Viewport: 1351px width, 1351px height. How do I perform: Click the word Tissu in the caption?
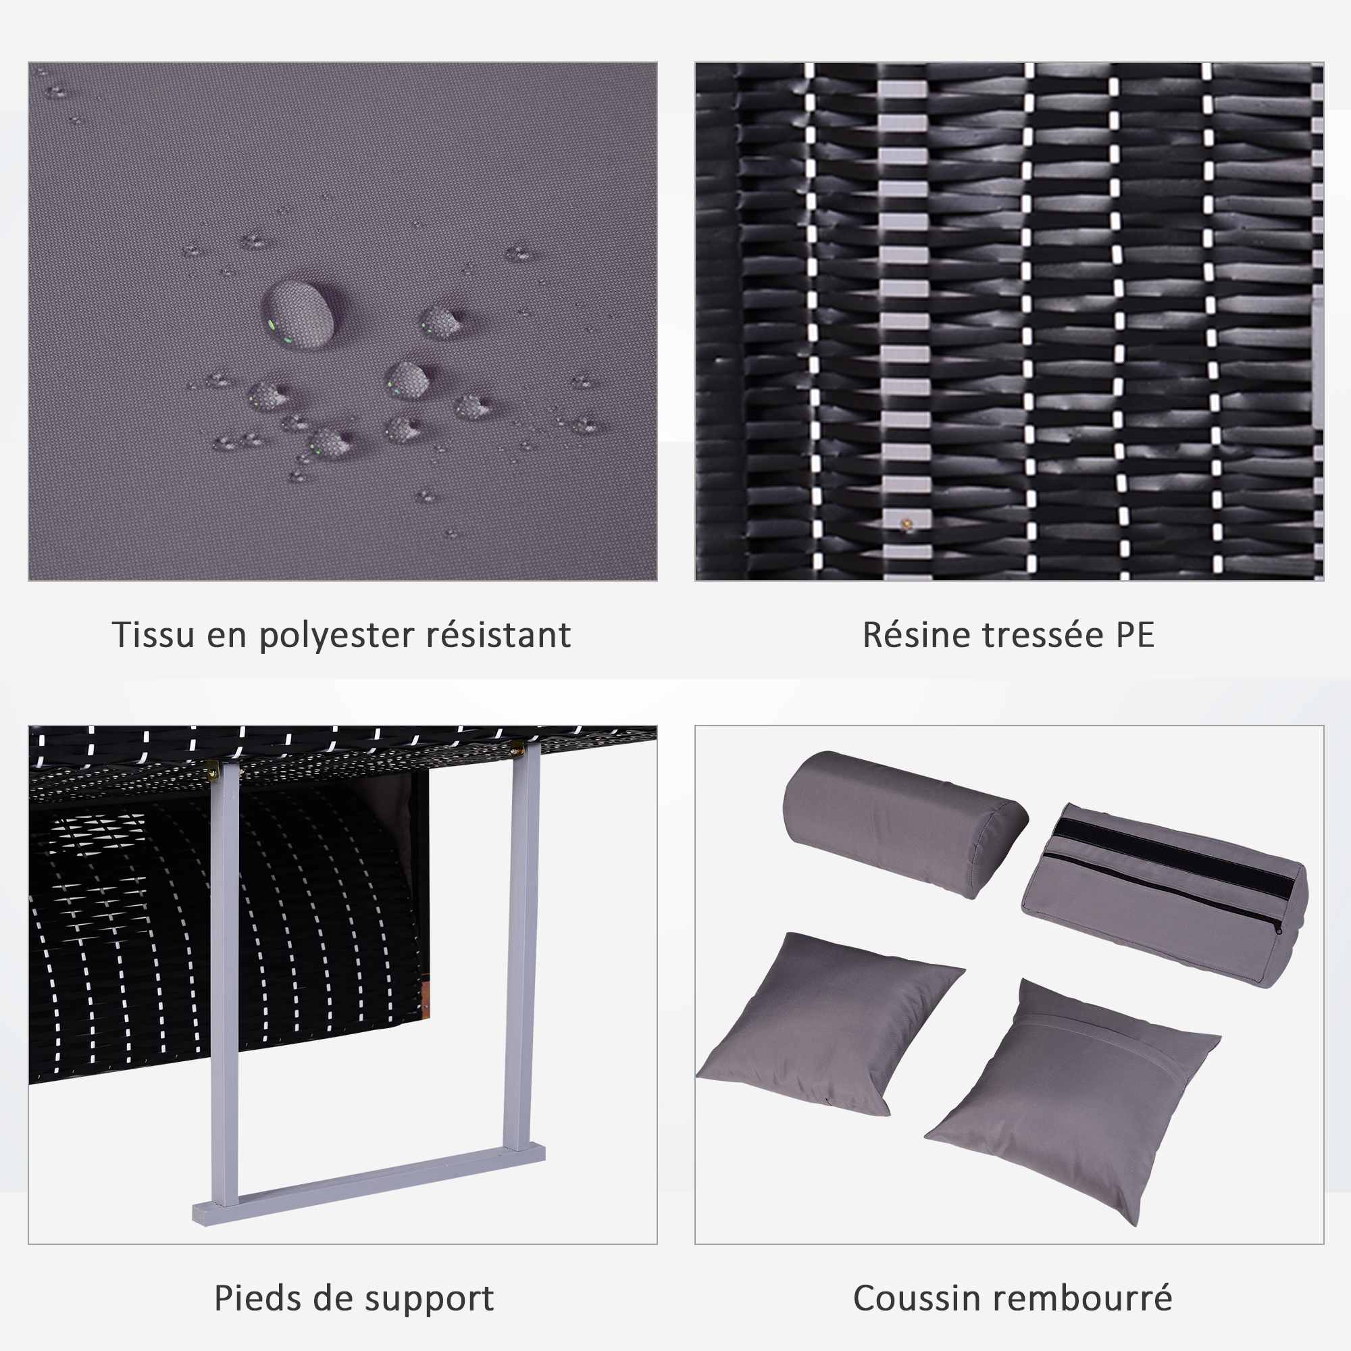click(x=153, y=634)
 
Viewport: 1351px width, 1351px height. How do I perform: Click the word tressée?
click(x=1042, y=634)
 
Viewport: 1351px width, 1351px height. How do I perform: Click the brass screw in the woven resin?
click(x=907, y=524)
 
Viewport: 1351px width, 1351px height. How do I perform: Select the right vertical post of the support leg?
click(x=522, y=948)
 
